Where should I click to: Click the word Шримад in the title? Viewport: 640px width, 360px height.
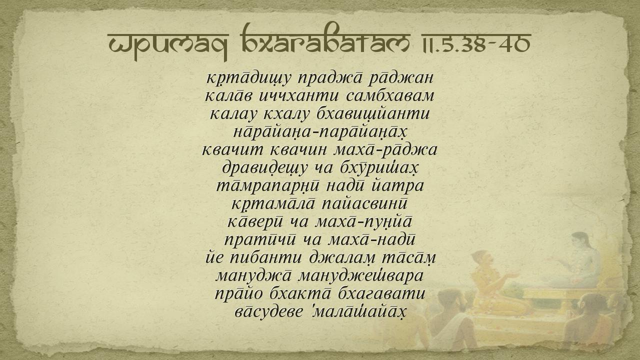click(x=167, y=45)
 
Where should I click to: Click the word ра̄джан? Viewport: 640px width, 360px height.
click(x=401, y=78)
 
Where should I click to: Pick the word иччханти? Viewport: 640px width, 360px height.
click(x=298, y=96)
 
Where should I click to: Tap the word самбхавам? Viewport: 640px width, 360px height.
click(x=390, y=96)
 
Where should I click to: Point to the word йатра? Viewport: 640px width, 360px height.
click(x=397, y=186)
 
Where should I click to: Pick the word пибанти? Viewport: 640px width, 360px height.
click(x=266, y=257)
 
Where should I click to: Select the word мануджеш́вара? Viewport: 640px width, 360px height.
click(x=360, y=276)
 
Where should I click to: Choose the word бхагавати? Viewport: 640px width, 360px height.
click(x=381, y=293)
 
